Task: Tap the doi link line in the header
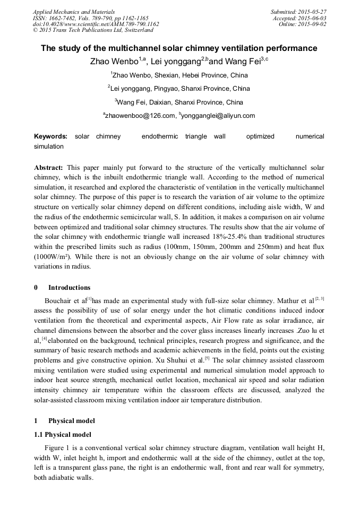coord(96,24)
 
